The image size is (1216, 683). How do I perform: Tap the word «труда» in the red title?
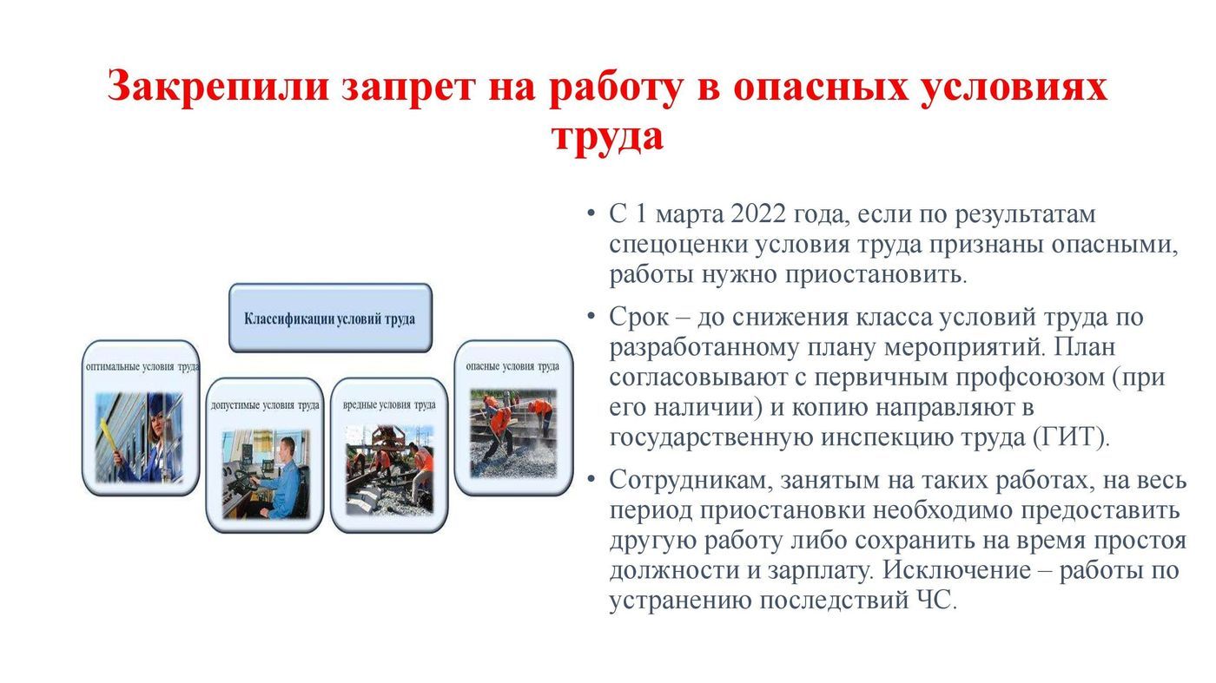coord(607,137)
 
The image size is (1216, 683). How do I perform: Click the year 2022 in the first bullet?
coord(757,214)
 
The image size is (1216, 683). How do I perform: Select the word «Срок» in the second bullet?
coord(638,318)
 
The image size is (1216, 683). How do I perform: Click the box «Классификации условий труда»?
coord(330,318)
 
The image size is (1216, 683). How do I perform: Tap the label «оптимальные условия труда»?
coord(142,367)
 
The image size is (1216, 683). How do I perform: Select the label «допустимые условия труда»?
coord(265,405)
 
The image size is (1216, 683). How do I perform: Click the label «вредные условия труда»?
coord(389,405)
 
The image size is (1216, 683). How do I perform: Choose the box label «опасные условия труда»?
coord(512,367)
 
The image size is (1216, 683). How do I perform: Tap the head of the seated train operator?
coord(287,448)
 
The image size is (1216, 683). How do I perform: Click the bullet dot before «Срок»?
coord(591,316)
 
